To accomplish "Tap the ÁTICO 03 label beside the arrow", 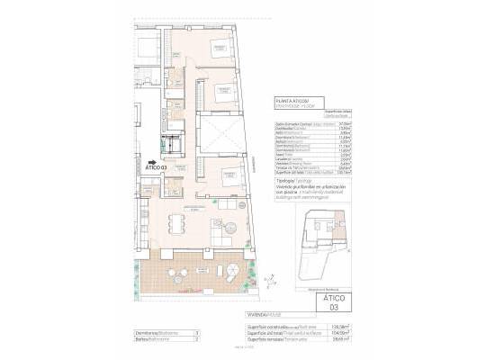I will coord(156,167).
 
